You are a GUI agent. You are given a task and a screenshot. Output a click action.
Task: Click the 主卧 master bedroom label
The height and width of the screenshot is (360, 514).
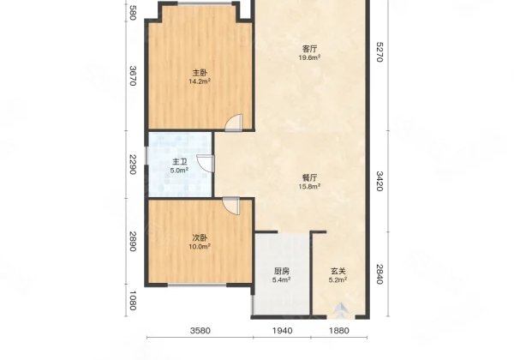(200, 73)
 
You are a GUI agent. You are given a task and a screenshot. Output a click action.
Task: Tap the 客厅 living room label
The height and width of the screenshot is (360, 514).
(309, 49)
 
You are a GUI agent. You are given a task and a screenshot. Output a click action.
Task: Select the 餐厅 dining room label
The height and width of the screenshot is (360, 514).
(309, 178)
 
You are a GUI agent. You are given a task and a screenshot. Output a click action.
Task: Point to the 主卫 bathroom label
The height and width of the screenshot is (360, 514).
(180, 162)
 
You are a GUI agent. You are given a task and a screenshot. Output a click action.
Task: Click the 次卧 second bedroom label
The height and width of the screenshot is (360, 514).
(200, 238)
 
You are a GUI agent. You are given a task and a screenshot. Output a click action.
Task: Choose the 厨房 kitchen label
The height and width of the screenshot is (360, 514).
(282, 272)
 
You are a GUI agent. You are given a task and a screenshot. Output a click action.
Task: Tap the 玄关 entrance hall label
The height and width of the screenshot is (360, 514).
(338, 272)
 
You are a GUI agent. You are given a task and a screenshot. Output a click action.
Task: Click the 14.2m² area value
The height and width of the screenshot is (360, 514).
(200, 81)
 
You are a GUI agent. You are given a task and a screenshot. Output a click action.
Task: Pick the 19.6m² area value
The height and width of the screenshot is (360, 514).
(309, 57)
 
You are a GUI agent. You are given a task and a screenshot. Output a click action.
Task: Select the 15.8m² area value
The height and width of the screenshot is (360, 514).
(309, 187)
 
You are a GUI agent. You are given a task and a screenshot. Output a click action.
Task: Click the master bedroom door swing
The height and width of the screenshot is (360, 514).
(234, 123)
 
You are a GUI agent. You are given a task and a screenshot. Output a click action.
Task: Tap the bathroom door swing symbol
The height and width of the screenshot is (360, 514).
(206, 163)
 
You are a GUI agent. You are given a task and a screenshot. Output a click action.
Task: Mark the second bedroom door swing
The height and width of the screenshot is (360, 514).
(231, 206)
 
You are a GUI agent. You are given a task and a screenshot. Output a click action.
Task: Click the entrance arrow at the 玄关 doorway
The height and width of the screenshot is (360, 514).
(341, 310)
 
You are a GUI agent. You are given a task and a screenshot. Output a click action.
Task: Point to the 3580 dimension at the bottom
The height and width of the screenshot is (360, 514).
(200, 331)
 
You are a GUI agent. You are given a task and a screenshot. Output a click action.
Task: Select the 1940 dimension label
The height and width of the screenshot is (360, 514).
(283, 331)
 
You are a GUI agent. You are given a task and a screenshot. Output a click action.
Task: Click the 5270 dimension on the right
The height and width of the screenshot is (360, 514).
(379, 51)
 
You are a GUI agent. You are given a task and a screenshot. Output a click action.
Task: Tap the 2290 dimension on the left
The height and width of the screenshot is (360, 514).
(133, 165)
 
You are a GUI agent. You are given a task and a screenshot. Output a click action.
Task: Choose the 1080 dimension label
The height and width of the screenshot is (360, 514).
(133, 300)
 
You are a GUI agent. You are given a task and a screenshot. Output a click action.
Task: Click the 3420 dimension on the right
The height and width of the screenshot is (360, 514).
(379, 181)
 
